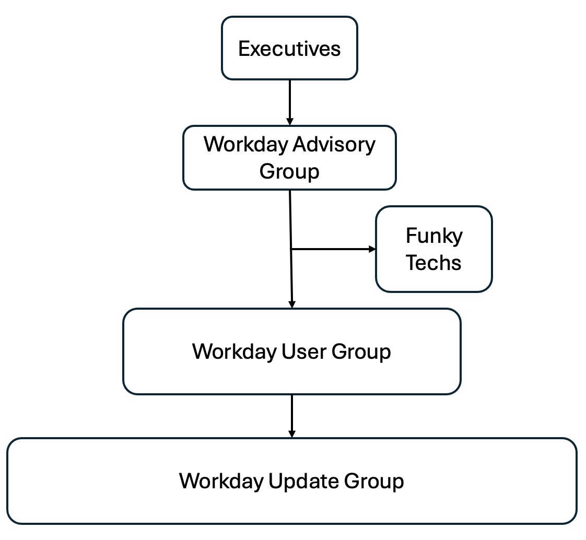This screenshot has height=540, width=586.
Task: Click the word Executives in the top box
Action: (x=289, y=49)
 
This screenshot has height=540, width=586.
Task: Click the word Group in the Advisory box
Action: (x=289, y=171)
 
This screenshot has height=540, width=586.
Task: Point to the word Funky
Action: (x=434, y=236)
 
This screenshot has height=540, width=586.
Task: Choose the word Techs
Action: (x=434, y=262)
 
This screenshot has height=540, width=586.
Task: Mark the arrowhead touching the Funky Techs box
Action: (x=372, y=249)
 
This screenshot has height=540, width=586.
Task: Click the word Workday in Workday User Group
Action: (x=235, y=351)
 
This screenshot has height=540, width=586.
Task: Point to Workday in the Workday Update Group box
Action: (x=221, y=480)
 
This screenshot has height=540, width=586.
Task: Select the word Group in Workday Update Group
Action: (x=373, y=480)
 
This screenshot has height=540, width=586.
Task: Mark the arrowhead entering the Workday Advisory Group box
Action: (x=290, y=122)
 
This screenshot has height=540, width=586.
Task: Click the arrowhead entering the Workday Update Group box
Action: (x=292, y=434)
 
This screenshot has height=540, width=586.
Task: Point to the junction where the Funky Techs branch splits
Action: (x=291, y=249)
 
